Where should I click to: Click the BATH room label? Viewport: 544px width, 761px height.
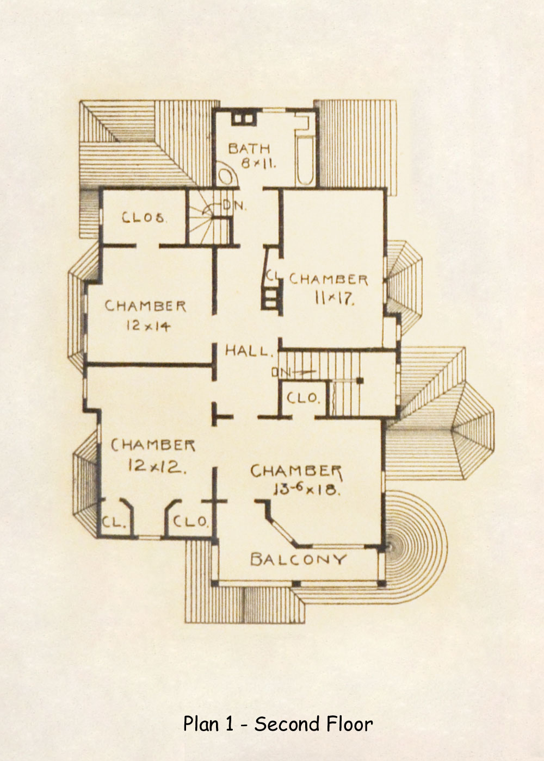[249, 148]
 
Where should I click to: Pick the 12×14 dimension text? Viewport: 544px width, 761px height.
[148, 326]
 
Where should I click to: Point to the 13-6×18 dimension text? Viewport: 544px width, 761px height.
[306, 489]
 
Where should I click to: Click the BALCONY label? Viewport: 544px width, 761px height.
[298, 559]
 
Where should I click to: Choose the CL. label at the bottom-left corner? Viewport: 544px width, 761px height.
[114, 523]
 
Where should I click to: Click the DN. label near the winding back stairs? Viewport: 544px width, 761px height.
[234, 206]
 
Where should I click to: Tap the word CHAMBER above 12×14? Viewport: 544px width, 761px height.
[145, 306]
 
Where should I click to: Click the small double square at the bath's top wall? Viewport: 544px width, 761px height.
[243, 118]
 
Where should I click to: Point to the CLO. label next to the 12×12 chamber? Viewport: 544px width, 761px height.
[190, 522]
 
